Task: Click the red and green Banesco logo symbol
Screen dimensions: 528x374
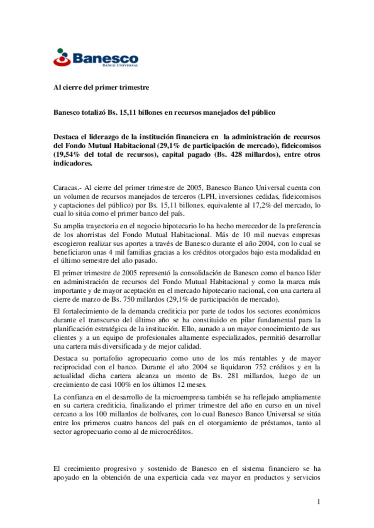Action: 62,58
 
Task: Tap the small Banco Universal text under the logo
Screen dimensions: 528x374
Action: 120,65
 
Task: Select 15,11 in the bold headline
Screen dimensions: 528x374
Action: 127,112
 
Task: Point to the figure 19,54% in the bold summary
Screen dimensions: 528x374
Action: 66,154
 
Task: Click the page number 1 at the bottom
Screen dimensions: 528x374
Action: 319,502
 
